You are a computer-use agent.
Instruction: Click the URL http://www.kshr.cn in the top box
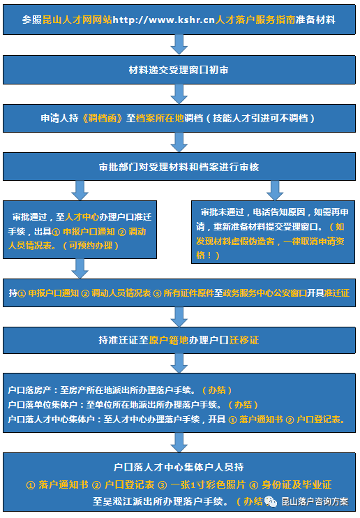coord(164,20)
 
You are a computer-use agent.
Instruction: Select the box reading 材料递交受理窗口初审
coord(179,70)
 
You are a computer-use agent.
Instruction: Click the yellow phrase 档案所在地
coord(160,118)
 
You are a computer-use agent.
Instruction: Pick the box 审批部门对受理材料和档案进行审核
coord(179,166)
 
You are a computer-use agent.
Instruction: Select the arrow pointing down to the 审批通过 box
coord(80,191)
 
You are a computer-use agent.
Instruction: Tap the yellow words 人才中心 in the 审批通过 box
coord(82,216)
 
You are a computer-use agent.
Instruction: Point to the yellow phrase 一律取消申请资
coord(314,241)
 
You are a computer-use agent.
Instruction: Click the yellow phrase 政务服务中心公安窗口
coord(265,293)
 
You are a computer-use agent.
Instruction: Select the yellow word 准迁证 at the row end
coord(336,293)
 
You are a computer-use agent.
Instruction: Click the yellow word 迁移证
coord(244,340)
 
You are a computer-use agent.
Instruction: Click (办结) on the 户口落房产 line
coord(216,390)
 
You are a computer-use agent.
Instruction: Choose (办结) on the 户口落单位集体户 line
coord(243,404)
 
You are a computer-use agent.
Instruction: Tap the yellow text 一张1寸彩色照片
coord(208,484)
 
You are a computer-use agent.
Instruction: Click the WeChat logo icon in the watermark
coord(271,501)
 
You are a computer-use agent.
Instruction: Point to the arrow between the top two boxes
coord(179,45)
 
